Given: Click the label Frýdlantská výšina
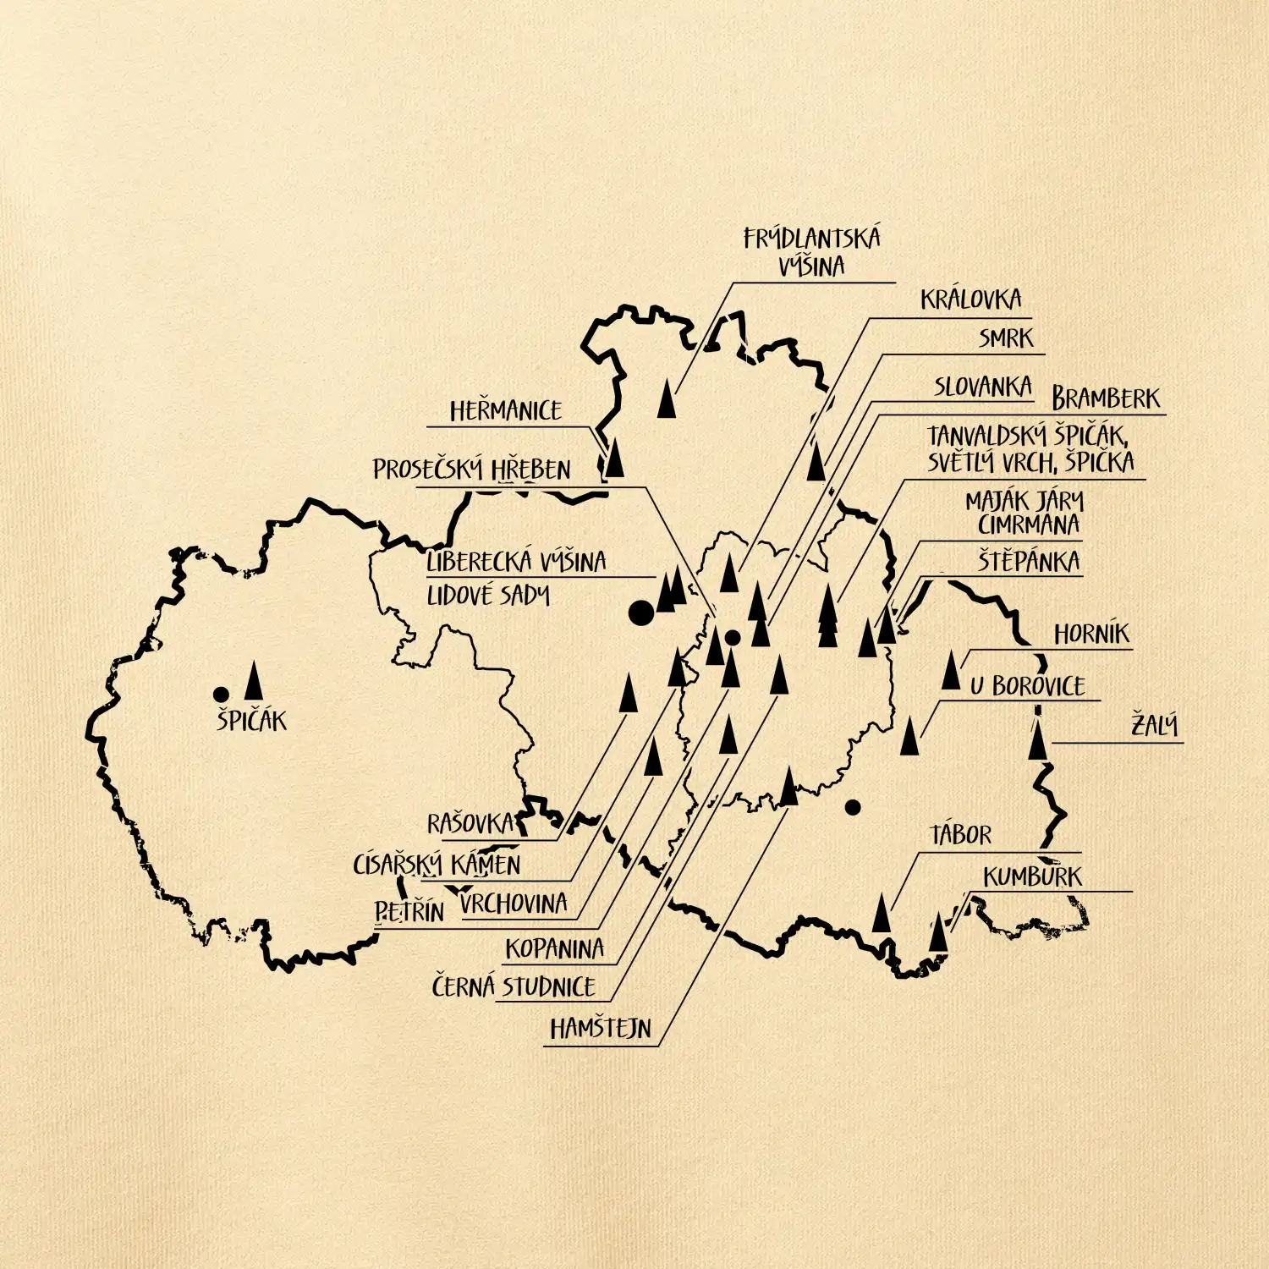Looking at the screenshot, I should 811,252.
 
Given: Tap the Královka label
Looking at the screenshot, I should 970,299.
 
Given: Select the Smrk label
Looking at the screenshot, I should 1006,338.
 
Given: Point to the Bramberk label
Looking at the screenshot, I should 1106,398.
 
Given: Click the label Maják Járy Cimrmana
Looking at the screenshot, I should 1025,513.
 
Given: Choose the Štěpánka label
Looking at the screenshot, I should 1029,562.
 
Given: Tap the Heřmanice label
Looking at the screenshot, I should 505,411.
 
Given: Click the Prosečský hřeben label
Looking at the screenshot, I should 472,470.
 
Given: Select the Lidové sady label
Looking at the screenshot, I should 488,596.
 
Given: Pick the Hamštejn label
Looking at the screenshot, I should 601,1029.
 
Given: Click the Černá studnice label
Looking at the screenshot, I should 514,986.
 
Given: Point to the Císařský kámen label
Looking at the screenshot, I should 437,865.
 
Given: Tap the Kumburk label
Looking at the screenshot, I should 1032,876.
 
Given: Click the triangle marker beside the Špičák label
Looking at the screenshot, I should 253,682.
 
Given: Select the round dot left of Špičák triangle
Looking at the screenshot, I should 222,695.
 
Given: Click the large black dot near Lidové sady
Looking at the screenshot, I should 641,613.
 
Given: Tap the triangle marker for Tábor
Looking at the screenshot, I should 882,914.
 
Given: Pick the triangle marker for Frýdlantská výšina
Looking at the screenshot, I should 667,399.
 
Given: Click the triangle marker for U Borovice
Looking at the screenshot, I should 909,736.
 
